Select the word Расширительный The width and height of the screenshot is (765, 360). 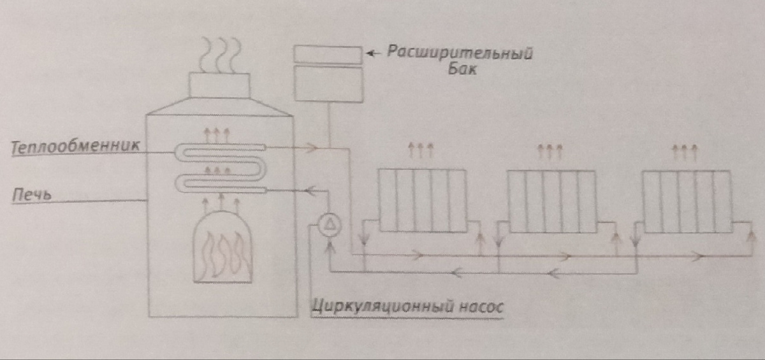[459, 52]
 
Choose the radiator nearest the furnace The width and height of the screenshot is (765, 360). [421, 200]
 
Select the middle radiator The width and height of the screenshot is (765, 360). [551, 200]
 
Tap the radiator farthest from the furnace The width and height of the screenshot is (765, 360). [685, 200]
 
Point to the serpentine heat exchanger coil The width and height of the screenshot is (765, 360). [220, 167]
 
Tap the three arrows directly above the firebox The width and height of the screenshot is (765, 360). [221, 204]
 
